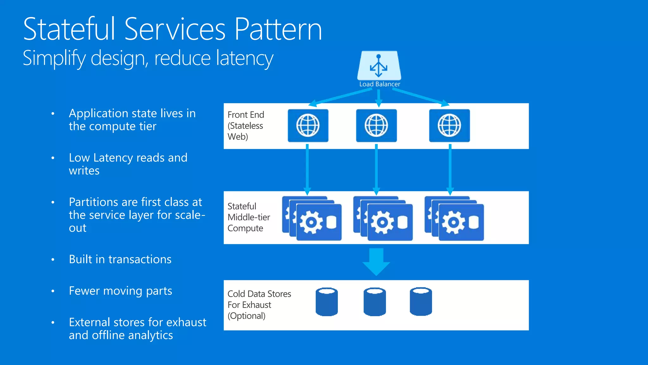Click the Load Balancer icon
click(x=379, y=66)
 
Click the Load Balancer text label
click(x=379, y=84)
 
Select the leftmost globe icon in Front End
click(x=308, y=125)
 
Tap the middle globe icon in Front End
click(x=376, y=125)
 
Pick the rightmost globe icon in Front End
click(x=449, y=125)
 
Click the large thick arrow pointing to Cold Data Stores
click(x=376, y=261)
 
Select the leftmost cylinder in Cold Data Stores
click(x=327, y=302)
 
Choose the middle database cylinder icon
click(x=375, y=302)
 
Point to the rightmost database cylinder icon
click(x=421, y=302)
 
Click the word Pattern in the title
click(x=278, y=29)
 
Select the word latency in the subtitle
click(x=245, y=58)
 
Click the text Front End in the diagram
click(x=246, y=115)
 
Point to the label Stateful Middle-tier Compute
click(x=248, y=217)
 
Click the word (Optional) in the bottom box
click(x=246, y=316)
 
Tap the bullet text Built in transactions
click(x=120, y=259)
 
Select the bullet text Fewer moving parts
click(x=120, y=291)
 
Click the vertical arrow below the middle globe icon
click(x=376, y=170)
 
